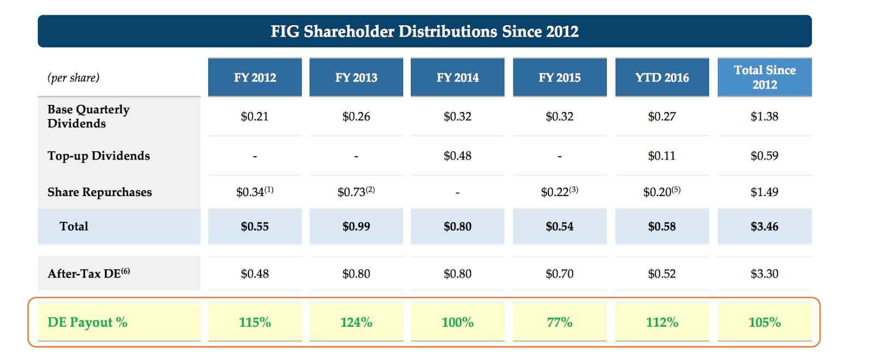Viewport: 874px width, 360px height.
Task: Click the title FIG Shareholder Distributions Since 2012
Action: pyautogui.click(x=424, y=31)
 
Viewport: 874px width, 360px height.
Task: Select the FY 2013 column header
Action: pyautogui.click(x=356, y=78)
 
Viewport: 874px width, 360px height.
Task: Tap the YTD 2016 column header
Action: pyautogui.click(x=662, y=78)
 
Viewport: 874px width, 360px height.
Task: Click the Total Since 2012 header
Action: pyautogui.click(x=764, y=77)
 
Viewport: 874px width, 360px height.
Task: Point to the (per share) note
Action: pyautogui.click(x=73, y=78)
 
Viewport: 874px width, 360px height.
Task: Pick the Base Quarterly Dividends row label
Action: pyautogui.click(x=88, y=116)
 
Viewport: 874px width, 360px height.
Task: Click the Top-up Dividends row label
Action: pyautogui.click(x=98, y=156)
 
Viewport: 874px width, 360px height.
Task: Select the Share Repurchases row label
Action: pyautogui.click(x=99, y=192)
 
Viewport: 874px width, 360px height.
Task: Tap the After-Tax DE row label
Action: pyautogui.click(x=88, y=273)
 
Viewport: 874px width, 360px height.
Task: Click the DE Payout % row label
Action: pyautogui.click(x=87, y=322)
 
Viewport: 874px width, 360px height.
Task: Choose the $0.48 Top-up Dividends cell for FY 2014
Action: pyautogui.click(x=457, y=156)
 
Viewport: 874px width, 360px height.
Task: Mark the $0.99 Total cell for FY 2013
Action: pyautogui.click(x=356, y=227)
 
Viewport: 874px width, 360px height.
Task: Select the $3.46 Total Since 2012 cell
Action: pyautogui.click(x=764, y=227)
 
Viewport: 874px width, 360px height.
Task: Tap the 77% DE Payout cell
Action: pyautogui.click(x=559, y=322)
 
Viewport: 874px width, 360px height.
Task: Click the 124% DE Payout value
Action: pyautogui.click(x=356, y=322)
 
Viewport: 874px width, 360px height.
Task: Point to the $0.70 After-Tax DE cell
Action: pyautogui.click(x=559, y=274)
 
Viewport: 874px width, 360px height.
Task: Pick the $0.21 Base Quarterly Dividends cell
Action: pyautogui.click(x=255, y=117)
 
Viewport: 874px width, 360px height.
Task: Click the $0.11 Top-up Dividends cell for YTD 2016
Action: pyautogui.click(x=662, y=156)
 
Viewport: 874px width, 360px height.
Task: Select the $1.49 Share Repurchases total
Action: pyautogui.click(x=764, y=192)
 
